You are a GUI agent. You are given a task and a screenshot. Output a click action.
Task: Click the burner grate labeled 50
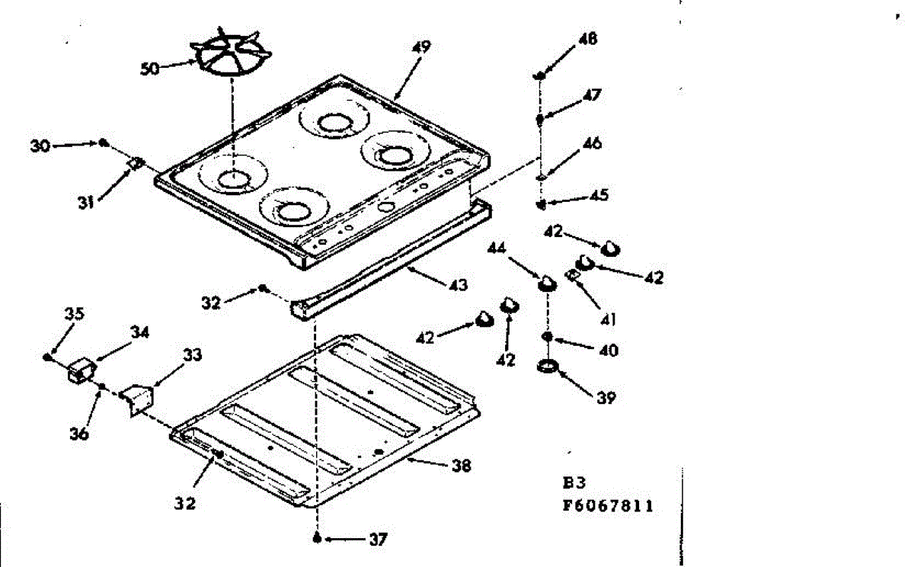pos(232,53)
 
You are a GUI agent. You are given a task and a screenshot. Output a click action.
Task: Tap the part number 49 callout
pos(421,47)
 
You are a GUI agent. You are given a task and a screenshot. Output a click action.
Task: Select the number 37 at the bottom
pos(378,540)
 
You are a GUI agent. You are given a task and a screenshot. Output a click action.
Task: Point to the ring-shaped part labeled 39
pos(548,366)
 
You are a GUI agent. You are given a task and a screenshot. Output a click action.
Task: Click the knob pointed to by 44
pos(547,283)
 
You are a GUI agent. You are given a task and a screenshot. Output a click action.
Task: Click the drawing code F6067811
pos(608,506)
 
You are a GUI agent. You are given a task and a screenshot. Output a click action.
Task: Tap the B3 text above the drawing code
pos(574,483)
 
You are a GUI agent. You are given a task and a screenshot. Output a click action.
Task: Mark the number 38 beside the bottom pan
pos(462,466)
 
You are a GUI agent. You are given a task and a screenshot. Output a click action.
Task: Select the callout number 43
pos(459,284)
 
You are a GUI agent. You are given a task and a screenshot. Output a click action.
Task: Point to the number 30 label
pos(40,146)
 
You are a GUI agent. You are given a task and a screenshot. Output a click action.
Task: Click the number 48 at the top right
pos(588,39)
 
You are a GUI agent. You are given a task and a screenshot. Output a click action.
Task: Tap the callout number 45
pos(599,195)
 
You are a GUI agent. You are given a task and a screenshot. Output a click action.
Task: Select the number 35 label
pos(75,313)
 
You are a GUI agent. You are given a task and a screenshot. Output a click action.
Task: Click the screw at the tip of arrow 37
pos(317,539)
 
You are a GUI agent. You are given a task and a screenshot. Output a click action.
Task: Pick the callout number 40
pos(609,351)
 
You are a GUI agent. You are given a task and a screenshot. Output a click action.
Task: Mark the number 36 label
pos(79,434)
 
